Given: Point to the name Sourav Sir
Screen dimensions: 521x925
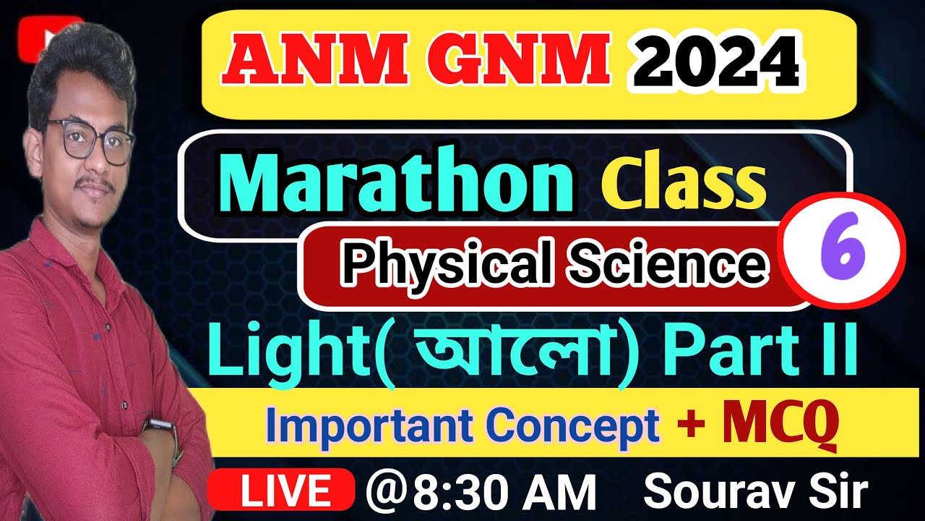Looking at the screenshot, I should (x=754, y=492).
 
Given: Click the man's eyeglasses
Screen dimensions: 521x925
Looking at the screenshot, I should (x=90, y=140).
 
